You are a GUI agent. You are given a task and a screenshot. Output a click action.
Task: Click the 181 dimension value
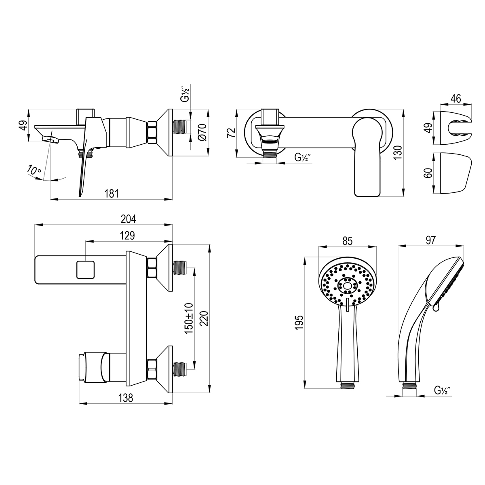point(112,194)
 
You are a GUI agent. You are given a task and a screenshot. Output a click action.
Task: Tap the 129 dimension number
point(127,236)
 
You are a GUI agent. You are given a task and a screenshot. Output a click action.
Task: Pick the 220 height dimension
point(204,318)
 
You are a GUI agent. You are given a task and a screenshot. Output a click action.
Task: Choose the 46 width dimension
point(455,99)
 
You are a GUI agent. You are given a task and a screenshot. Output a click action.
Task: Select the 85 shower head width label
point(348,241)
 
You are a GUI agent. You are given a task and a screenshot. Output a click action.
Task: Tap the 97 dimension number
point(430,240)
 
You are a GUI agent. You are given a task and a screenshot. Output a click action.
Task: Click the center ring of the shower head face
point(347,285)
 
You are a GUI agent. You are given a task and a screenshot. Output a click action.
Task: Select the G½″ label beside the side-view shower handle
point(443,390)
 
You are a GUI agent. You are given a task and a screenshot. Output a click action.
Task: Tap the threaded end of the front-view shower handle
point(347,385)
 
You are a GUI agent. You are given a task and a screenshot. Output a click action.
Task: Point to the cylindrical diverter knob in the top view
point(93,366)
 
